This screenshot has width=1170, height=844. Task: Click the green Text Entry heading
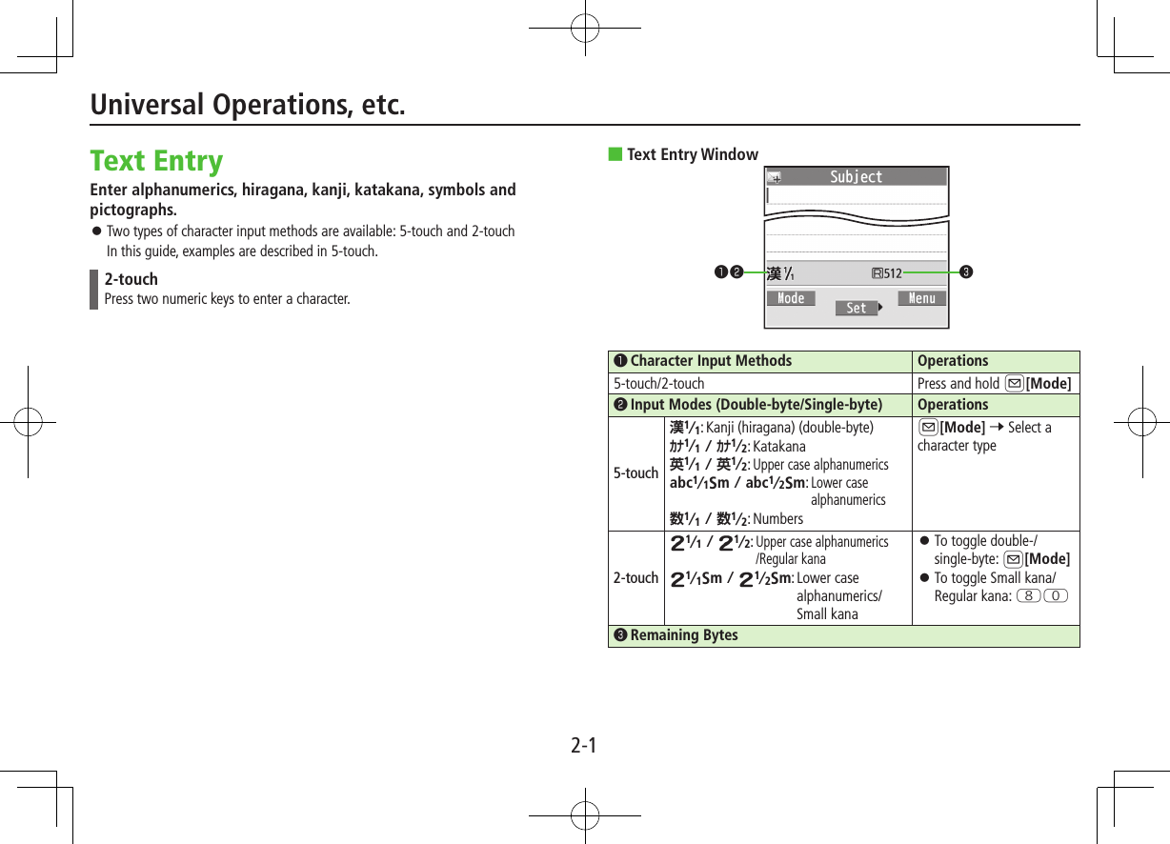156,160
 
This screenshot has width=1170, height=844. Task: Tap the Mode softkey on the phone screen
791,298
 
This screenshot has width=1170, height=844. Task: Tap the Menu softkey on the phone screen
921,298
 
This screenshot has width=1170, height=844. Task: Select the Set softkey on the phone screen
857,308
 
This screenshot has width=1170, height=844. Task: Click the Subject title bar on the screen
856,177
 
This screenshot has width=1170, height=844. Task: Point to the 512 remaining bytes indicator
887,273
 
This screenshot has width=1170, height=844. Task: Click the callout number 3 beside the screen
966,273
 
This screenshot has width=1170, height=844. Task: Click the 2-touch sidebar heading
131,279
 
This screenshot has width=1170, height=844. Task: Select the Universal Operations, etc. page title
248,105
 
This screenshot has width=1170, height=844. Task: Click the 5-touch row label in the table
635,473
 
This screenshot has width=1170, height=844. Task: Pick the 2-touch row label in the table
635,578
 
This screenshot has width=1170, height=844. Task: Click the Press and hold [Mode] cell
994,384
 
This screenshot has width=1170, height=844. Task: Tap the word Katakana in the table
778,447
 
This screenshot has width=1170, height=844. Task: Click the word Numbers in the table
777,519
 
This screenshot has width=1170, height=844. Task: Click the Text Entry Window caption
692,154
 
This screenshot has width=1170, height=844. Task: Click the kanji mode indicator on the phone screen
780,273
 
